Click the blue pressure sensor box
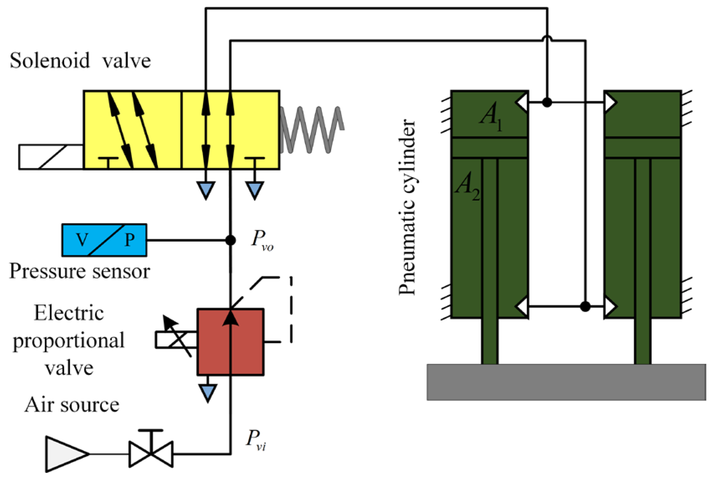click(x=104, y=240)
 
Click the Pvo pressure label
click(x=262, y=240)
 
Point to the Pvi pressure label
click(x=255, y=440)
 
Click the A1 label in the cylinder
click(x=490, y=116)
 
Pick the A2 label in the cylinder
click(x=467, y=187)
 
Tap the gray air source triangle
click(x=65, y=454)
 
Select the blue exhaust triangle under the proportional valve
click(x=208, y=392)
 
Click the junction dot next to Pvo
click(x=230, y=240)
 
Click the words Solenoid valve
click(x=80, y=61)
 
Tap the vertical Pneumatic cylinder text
click(x=407, y=207)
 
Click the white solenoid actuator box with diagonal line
click(x=51, y=157)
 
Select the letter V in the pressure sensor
click(x=82, y=240)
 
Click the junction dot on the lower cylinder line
click(x=585, y=307)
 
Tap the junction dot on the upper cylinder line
click(x=547, y=102)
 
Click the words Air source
click(x=72, y=405)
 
